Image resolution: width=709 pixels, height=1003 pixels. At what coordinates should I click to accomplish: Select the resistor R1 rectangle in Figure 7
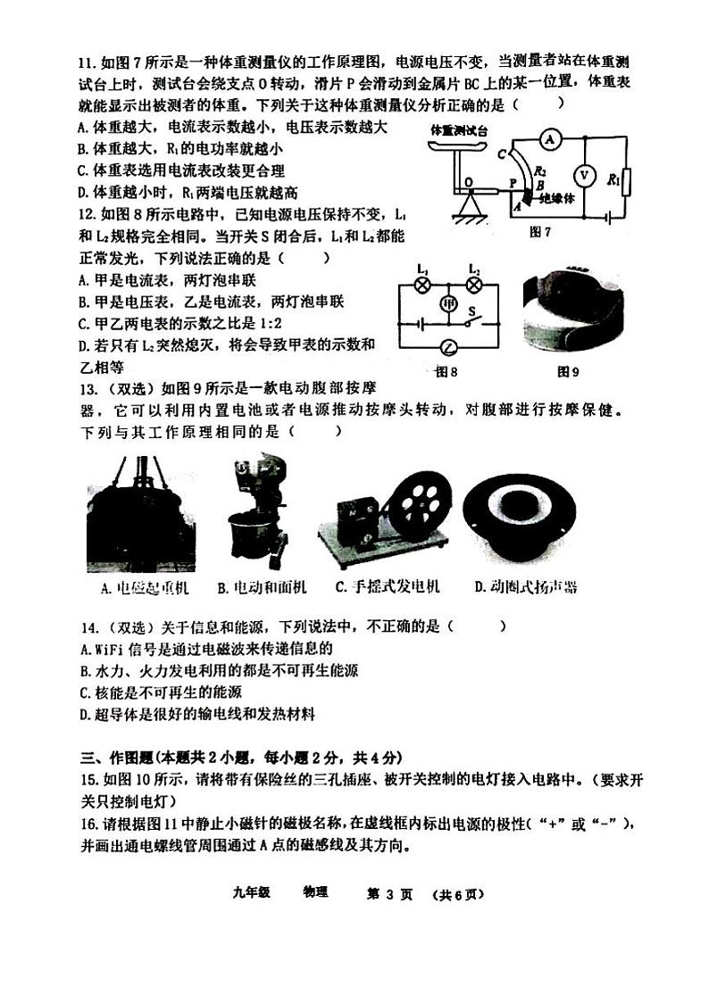[626, 182]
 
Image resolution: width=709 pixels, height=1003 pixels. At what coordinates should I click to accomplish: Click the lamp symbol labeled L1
[425, 284]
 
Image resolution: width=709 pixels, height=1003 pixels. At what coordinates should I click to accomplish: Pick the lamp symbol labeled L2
[475, 284]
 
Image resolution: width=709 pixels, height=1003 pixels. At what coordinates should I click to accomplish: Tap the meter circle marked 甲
[449, 303]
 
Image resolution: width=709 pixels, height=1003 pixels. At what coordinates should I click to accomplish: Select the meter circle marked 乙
[449, 347]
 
